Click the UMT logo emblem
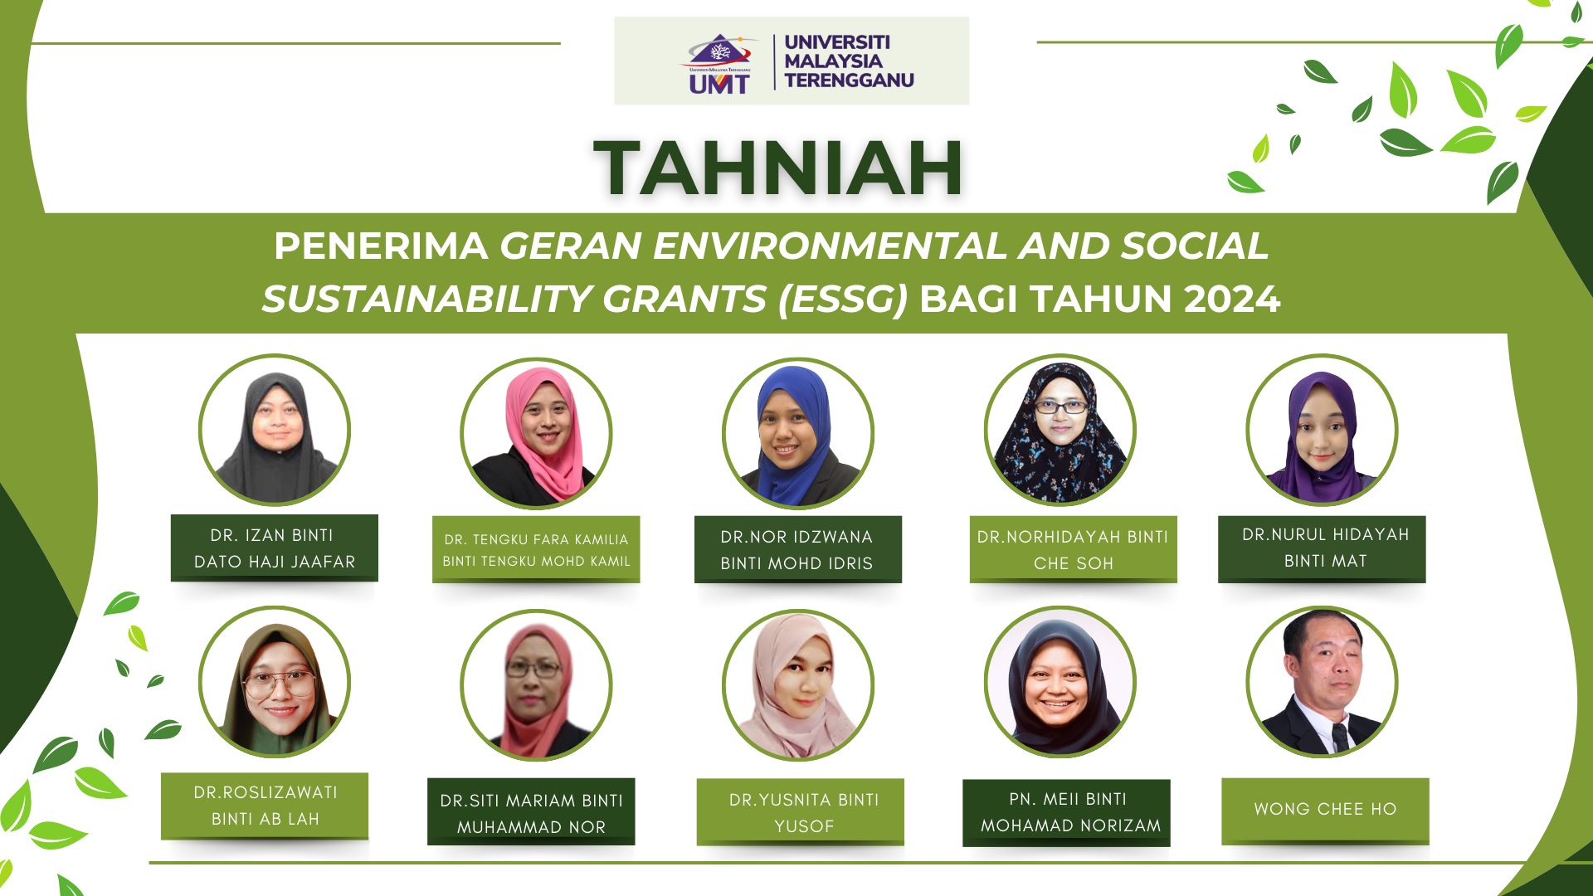tap(719, 63)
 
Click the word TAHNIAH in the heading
tap(778, 168)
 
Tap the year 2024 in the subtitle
tap(1232, 299)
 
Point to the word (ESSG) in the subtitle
tap(844, 299)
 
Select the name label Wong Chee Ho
tap(1325, 811)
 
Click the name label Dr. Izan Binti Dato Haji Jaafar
tap(275, 548)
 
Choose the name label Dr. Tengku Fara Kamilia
tap(536, 549)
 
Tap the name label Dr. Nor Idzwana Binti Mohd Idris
tap(797, 549)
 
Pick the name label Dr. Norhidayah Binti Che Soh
tap(1073, 549)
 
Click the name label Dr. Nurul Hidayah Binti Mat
tap(1322, 548)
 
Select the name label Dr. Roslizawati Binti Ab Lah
tap(265, 806)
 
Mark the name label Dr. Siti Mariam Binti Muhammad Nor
tap(531, 811)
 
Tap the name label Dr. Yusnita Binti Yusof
tap(801, 811)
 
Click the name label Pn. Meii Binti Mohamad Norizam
tap(1066, 813)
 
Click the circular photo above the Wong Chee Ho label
tap(1322, 682)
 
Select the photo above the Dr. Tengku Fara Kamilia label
tap(536, 433)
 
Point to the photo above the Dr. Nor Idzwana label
tap(797, 433)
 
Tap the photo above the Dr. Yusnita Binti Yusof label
tap(797, 685)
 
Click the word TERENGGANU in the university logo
tap(849, 80)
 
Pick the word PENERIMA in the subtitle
tap(381, 246)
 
